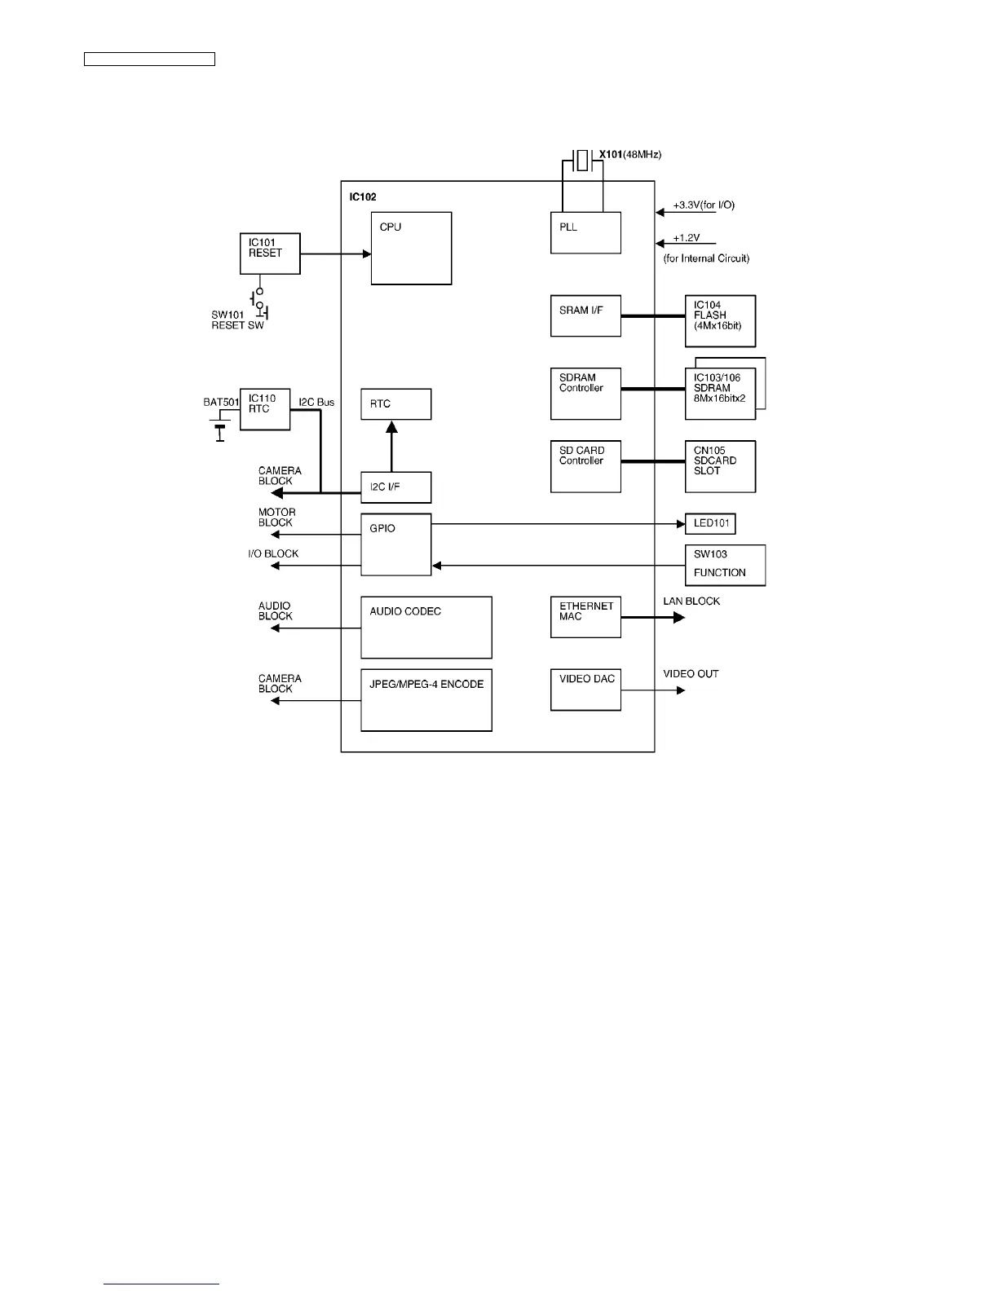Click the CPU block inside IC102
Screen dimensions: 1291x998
click(x=411, y=248)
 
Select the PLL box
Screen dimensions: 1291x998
click(x=585, y=232)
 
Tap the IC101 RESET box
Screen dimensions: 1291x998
click(x=270, y=253)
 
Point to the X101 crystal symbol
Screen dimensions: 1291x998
click(x=581, y=160)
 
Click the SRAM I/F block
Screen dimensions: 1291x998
click(x=585, y=315)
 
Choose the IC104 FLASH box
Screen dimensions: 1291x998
click(x=720, y=321)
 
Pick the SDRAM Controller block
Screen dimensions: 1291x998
click(x=585, y=394)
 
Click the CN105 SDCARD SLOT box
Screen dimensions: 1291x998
click(x=720, y=466)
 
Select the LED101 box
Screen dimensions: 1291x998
click(x=710, y=523)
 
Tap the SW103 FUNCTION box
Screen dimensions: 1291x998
click(x=725, y=564)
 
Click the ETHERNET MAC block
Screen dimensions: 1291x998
click(x=585, y=617)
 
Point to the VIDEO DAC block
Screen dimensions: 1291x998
click(x=585, y=690)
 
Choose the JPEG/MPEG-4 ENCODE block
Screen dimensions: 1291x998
click(x=426, y=700)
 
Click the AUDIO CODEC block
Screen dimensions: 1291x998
click(x=426, y=627)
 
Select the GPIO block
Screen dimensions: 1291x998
click(x=395, y=544)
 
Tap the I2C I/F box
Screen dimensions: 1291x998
click(x=395, y=487)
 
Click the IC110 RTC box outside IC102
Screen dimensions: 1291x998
click(x=265, y=409)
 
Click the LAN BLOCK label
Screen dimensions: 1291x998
click(x=691, y=601)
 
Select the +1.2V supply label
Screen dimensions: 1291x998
click(x=687, y=238)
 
